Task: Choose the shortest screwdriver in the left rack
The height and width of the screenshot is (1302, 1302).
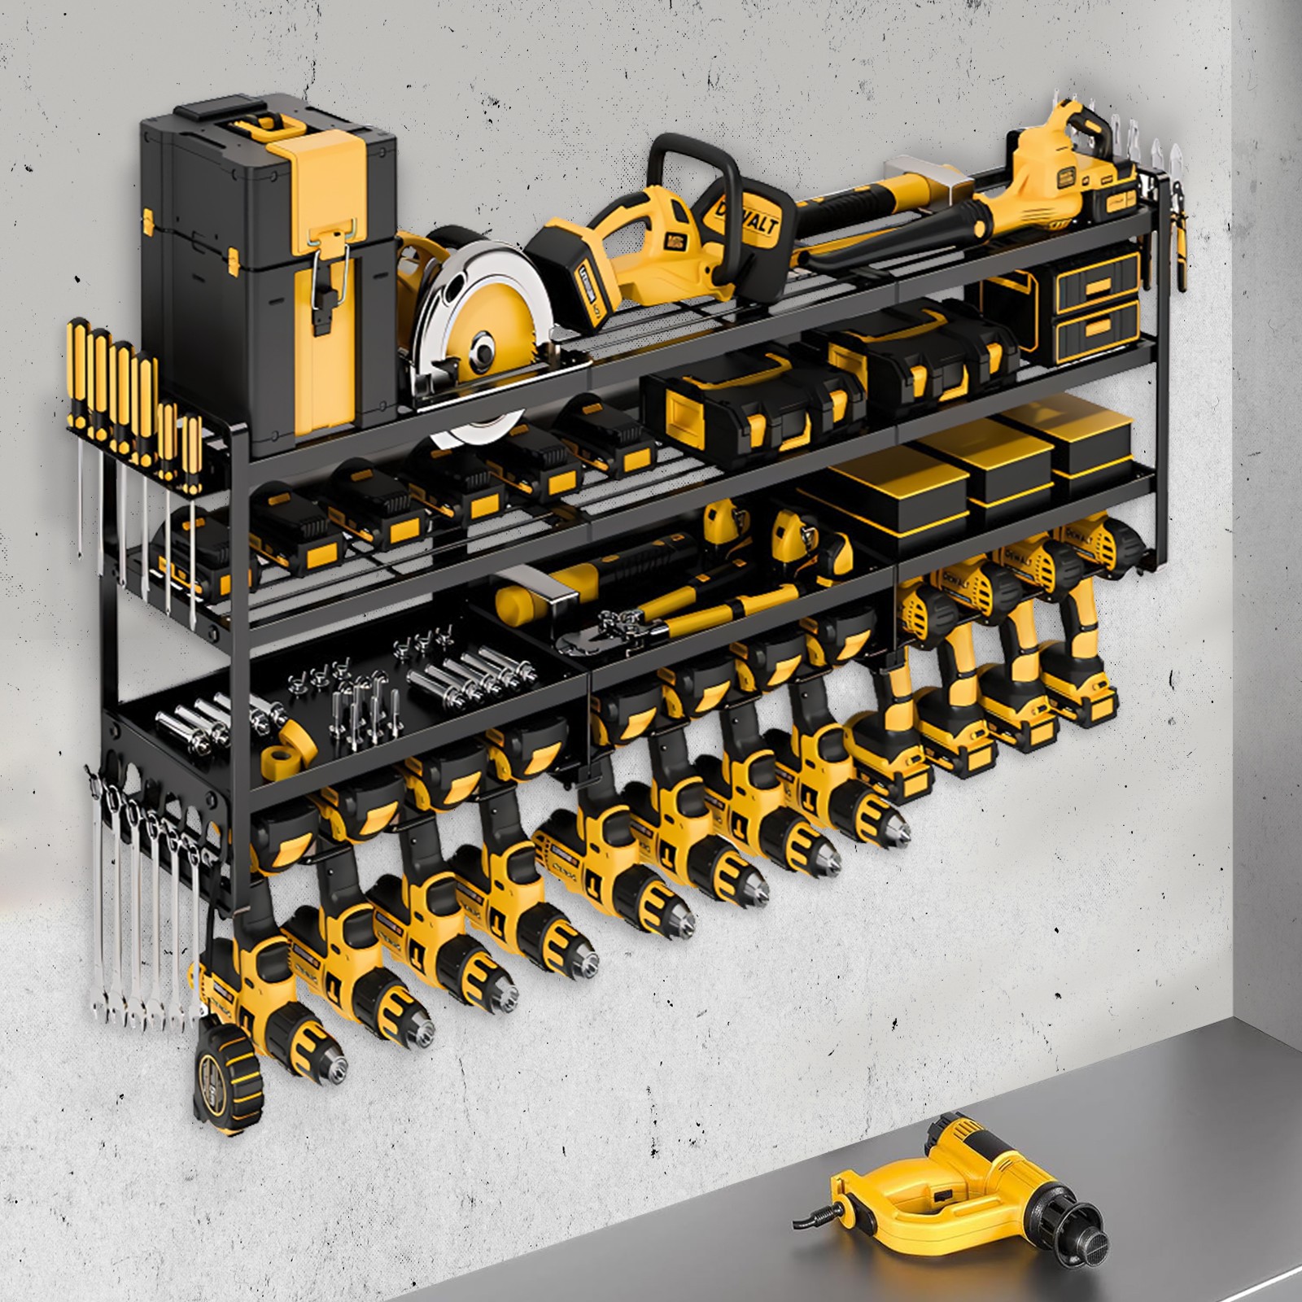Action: click(x=191, y=456)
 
